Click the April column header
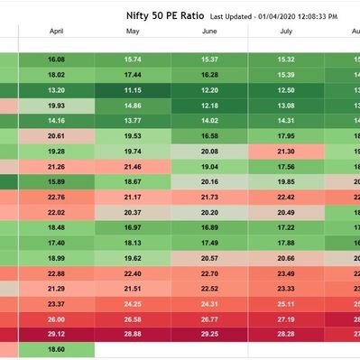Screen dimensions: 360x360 click(x=56, y=32)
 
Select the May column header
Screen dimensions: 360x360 click(x=133, y=32)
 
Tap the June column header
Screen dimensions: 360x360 click(x=209, y=32)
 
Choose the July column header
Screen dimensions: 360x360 click(x=287, y=32)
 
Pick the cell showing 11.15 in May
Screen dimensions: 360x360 click(x=133, y=90)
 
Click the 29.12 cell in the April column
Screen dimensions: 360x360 click(x=56, y=334)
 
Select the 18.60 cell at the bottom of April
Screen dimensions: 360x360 click(x=56, y=349)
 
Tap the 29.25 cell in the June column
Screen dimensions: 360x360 click(x=209, y=334)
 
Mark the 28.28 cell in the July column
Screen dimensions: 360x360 click(x=287, y=334)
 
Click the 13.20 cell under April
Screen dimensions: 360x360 click(x=56, y=90)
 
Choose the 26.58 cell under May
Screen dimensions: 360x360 click(x=133, y=318)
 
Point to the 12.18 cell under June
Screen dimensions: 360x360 click(x=209, y=106)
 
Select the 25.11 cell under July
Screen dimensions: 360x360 click(x=287, y=303)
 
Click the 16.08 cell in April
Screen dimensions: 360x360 click(x=56, y=60)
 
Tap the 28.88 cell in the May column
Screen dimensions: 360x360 click(x=133, y=334)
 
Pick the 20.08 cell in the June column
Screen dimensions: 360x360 click(x=209, y=151)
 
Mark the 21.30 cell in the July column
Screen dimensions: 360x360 click(x=287, y=151)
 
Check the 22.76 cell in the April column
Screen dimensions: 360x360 click(x=56, y=197)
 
